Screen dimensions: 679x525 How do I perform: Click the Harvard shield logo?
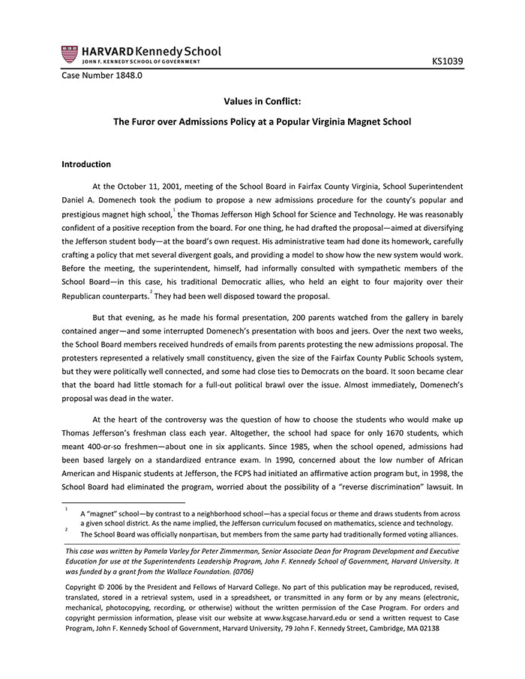point(70,54)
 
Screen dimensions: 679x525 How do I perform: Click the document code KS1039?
point(448,59)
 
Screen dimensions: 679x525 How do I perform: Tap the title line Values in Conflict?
point(262,100)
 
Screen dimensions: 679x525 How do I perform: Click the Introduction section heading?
point(86,164)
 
